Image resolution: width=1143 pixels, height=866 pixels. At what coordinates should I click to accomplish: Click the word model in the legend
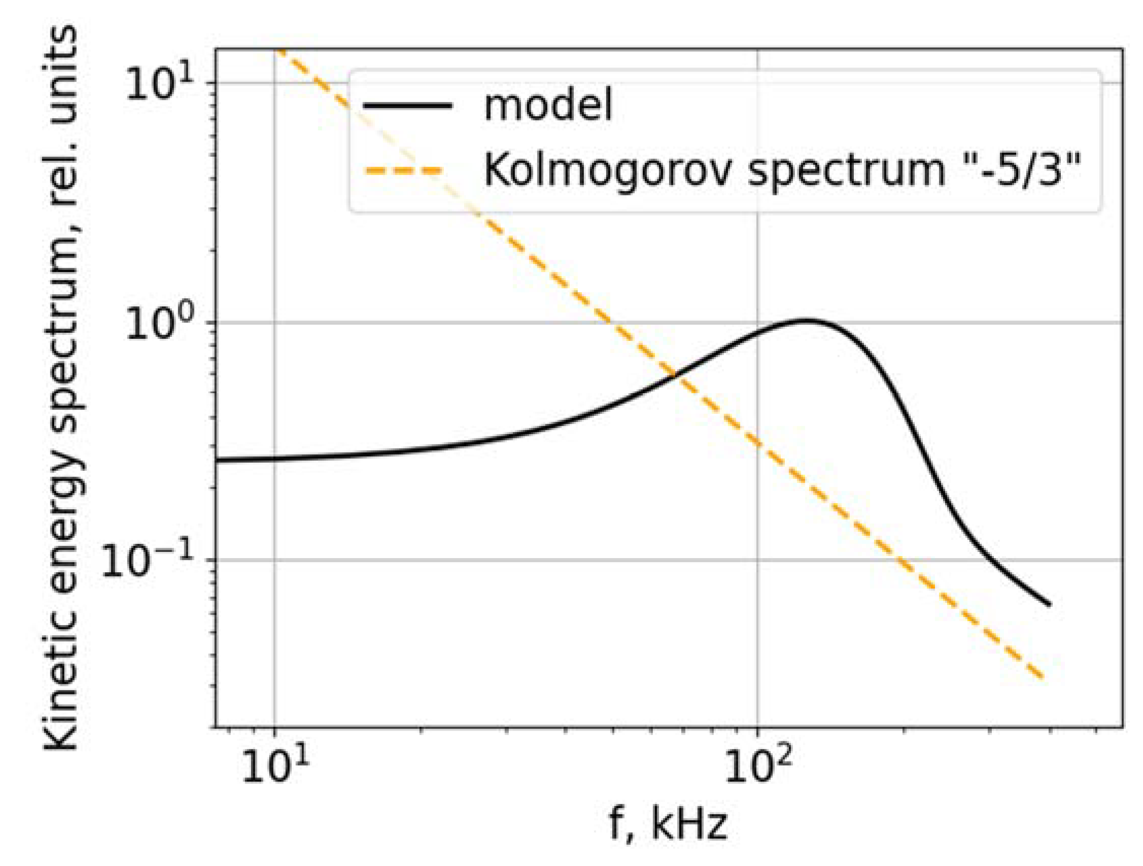tap(548, 106)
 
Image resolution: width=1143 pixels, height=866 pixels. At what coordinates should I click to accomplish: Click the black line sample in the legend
tap(408, 106)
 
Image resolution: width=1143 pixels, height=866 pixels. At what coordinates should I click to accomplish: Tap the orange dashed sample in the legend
tap(403, 170)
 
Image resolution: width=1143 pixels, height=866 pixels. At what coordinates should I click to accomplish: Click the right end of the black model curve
tap(1050, 604)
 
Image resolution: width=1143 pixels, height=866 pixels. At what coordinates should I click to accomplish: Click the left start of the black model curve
tap(218, 459)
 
